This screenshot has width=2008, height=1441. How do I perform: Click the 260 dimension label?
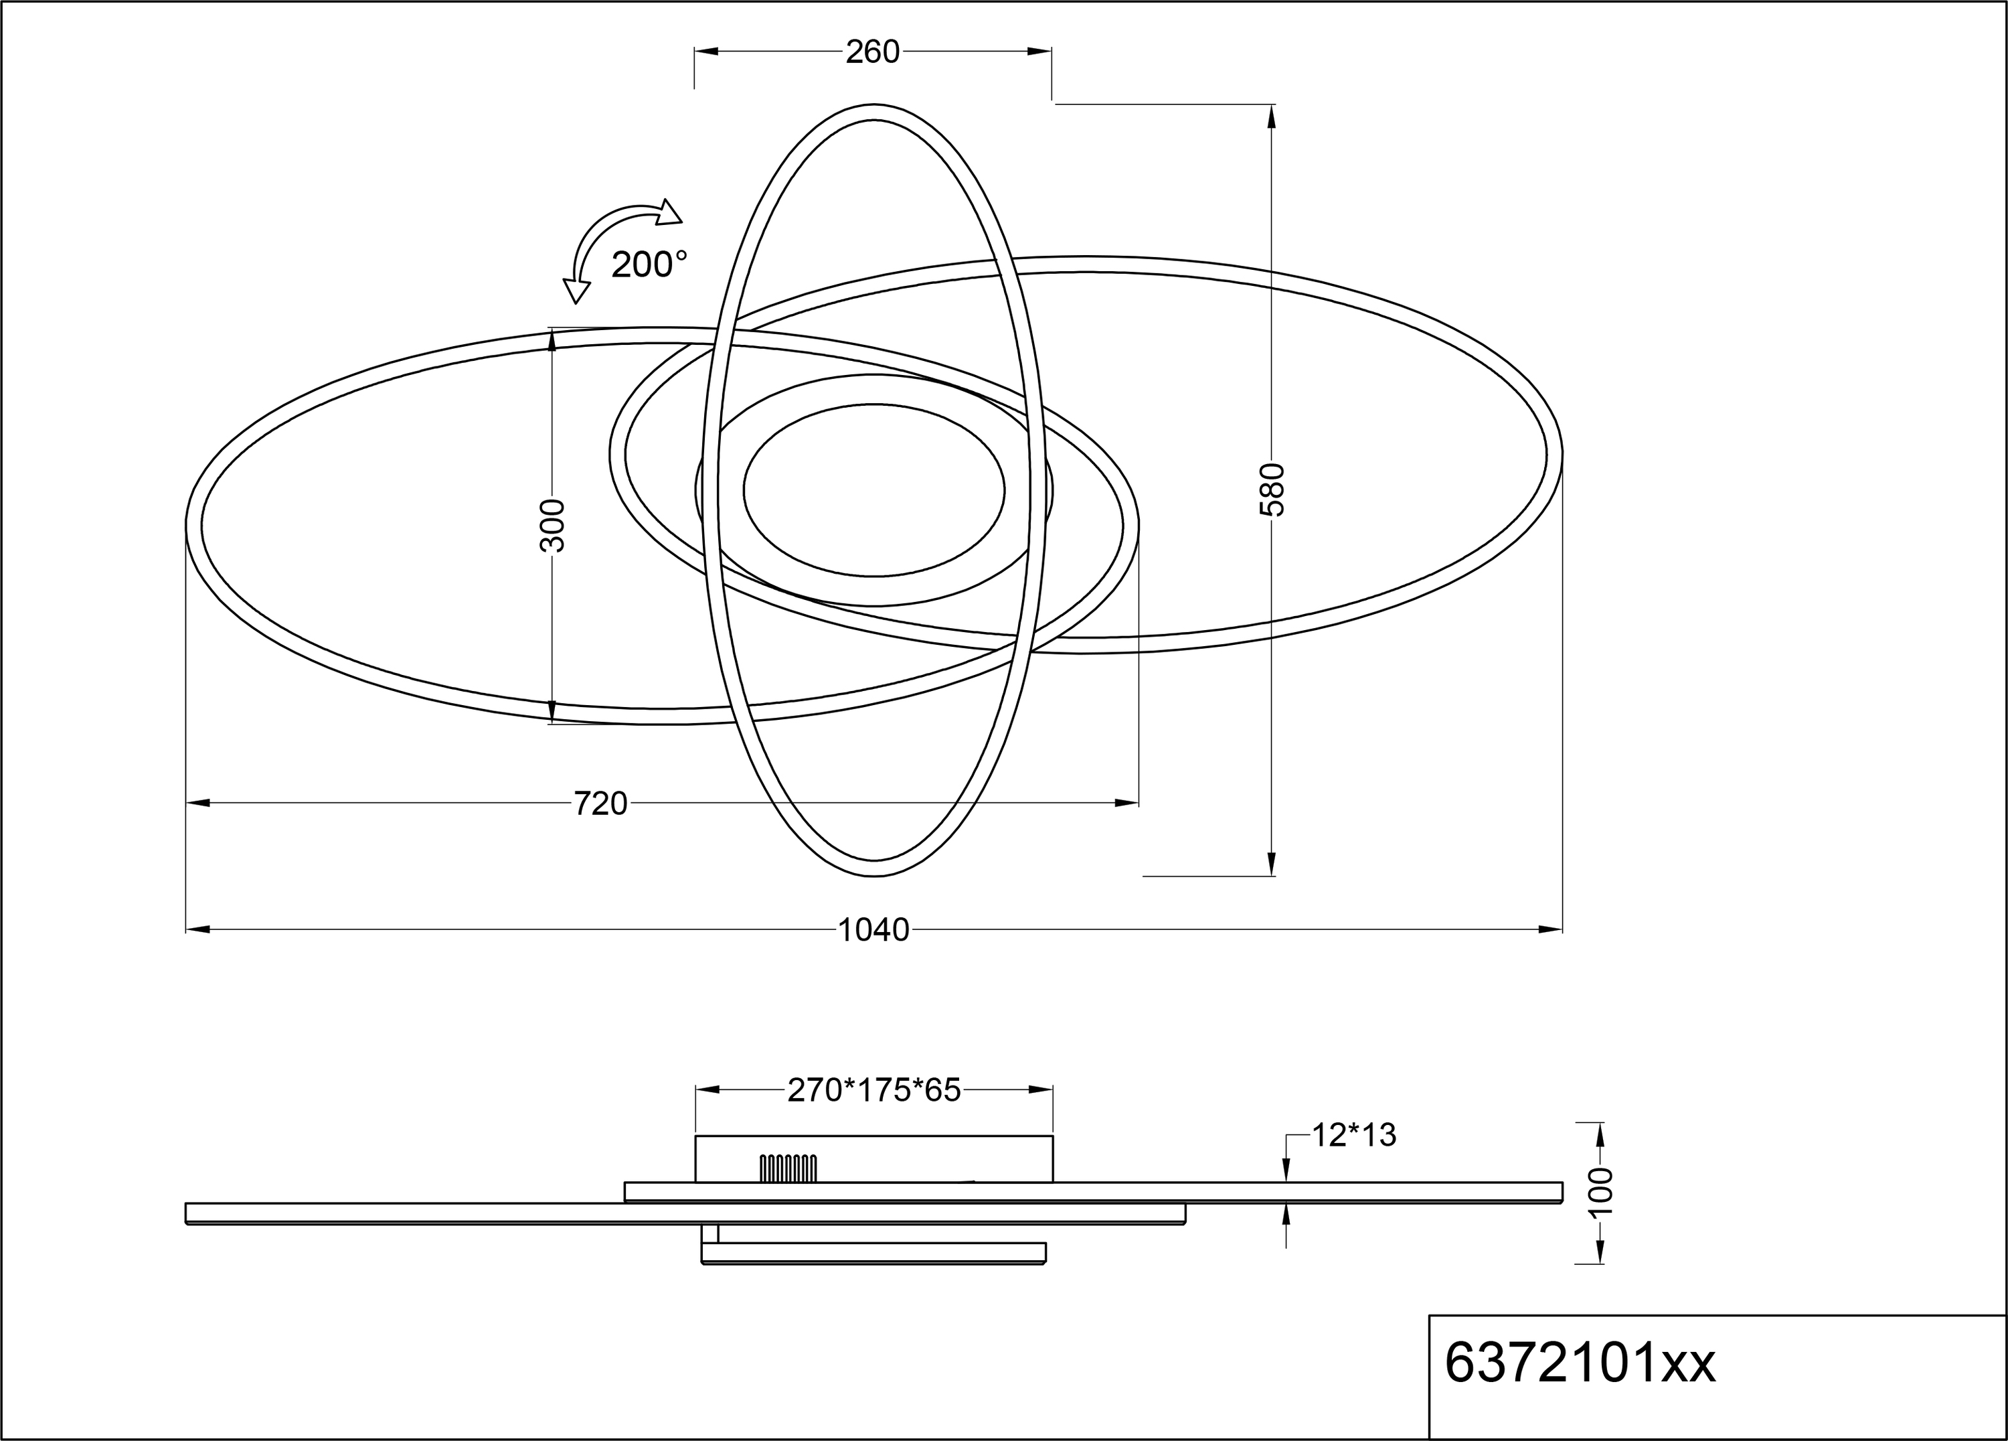coord(872,52)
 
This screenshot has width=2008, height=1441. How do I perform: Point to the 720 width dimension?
coord(600,804)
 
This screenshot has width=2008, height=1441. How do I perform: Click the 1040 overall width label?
coord(873,930)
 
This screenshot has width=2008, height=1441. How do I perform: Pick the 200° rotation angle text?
coord(649,264)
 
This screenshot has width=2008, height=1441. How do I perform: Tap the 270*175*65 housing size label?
coord(874,1090)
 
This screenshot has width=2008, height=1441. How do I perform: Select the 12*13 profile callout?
coord(1353,1134)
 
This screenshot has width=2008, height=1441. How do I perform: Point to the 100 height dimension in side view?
coord(1601,1192)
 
